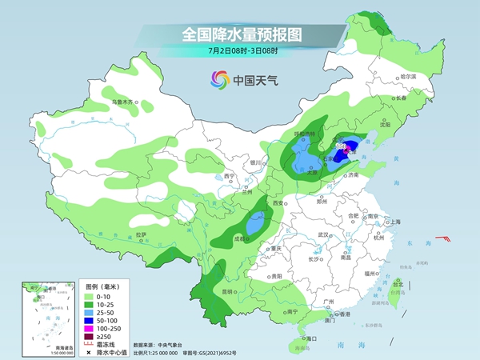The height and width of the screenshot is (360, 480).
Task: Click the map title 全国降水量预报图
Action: [240, 34]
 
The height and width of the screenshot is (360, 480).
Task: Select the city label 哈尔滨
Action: [409, 77]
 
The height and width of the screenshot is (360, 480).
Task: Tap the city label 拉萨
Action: [142, 234]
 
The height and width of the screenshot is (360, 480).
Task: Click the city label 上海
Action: [393, 222]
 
